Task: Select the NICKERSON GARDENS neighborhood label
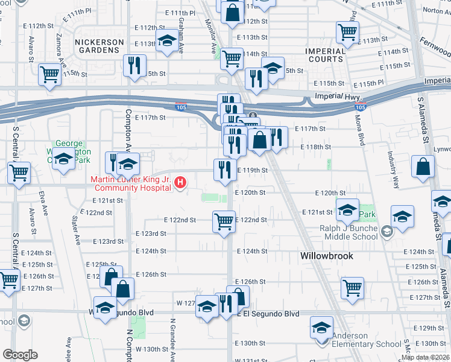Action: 99,46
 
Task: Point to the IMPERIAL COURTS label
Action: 325,55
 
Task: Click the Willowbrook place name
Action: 326,256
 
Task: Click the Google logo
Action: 20,355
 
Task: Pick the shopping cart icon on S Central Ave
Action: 19,172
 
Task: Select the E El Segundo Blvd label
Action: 268,314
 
